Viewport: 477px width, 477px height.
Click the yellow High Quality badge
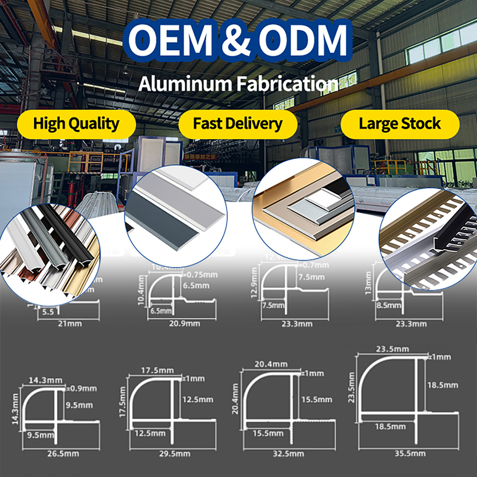coord(76,124)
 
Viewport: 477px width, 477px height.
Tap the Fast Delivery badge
coord(238,124)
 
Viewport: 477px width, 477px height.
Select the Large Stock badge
coord(399,124)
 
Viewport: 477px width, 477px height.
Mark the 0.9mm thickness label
coord(84,388)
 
